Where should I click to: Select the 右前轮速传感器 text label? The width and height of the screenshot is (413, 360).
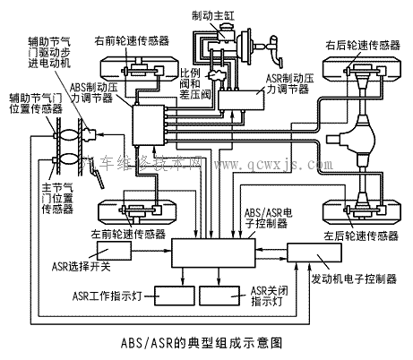click(x=137, y=41)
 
